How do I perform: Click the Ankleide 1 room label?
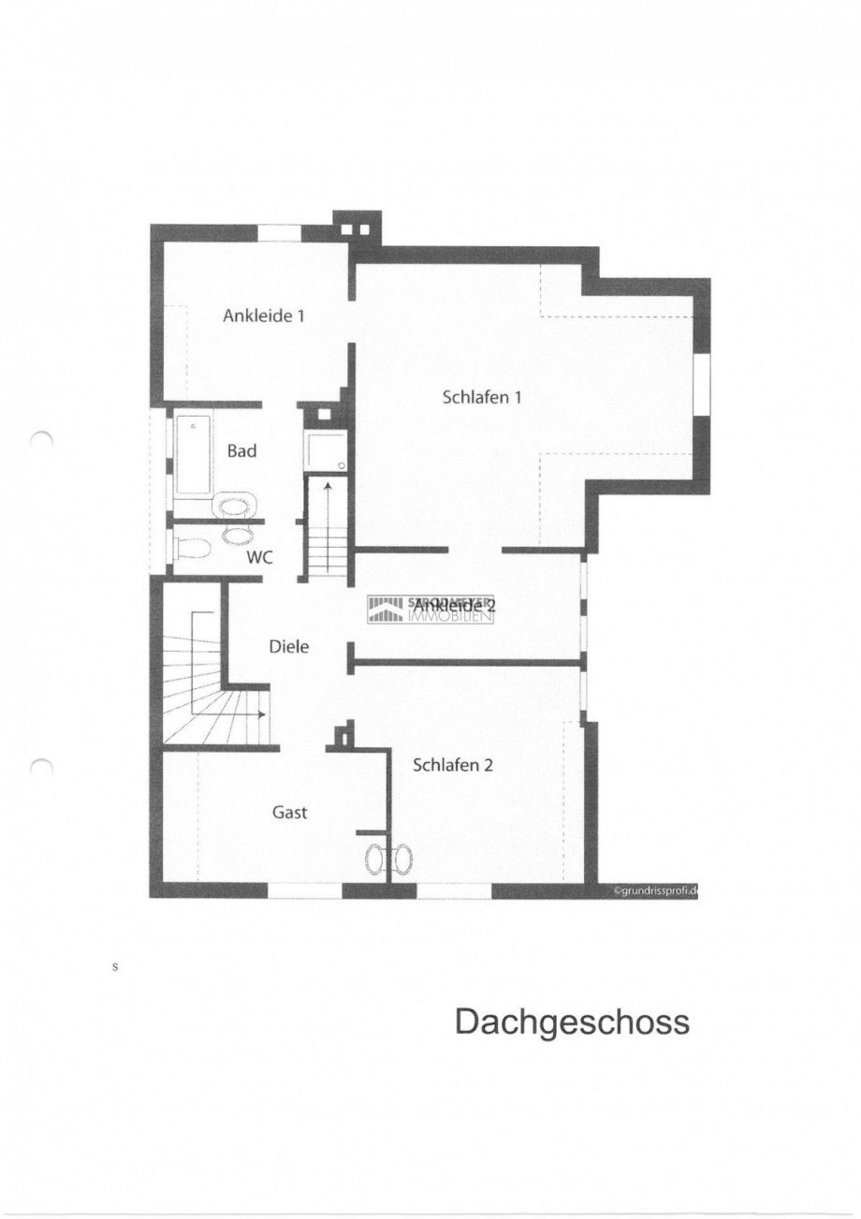(x=264, y=316)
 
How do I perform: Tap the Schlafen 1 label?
(x=481, y=397)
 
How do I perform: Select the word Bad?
(x=241, y=450)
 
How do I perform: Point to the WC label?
(x=259, y=557)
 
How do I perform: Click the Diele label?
(x=288, y=646)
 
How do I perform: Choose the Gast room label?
(x=289, y=812)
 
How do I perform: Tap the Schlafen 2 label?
(x=453, y=765)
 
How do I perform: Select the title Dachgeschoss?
(x=572, y=1021)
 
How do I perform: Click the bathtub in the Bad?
(x=194, y=456)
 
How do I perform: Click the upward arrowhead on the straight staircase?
(x=327, y=486)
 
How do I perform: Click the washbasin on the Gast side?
(x=376, y=859)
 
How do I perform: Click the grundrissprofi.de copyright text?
(x=655, y=891)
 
